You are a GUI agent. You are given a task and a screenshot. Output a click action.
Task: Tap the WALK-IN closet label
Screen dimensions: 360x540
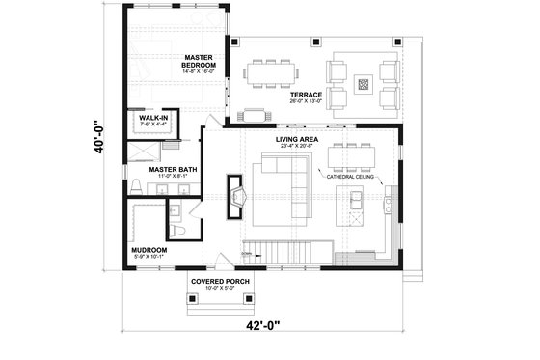click(x=153, y=118)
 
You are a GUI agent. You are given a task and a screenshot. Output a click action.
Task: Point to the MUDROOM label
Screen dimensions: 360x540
click(x=149, y=250)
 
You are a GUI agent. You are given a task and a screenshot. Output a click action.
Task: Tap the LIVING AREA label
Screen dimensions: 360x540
click(x=297, y=140)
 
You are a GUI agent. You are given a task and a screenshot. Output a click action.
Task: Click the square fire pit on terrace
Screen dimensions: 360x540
click(x=363, y=84)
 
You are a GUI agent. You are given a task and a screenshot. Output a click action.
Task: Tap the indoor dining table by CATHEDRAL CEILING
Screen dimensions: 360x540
click(x=350, y=156)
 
